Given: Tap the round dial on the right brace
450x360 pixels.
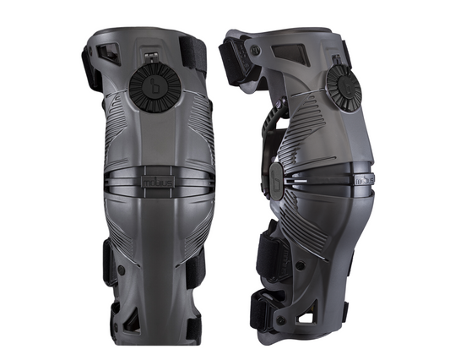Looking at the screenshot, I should (343, 88).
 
